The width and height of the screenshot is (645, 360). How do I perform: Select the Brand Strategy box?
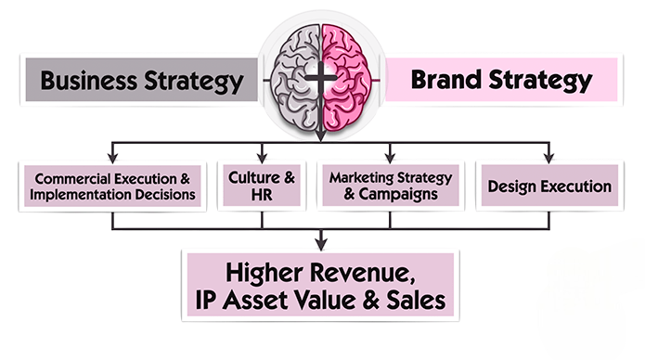[x=501, y=80]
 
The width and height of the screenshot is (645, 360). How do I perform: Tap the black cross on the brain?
[x=319, y=79]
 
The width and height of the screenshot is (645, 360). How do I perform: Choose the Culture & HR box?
[x=262, y=186]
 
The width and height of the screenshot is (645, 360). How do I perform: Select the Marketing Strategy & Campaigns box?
[x=390, y=186]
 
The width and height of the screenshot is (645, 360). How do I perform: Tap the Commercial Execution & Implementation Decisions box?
[x=112, y=186]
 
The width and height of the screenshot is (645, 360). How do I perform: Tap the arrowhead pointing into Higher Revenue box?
[x=319, y=245]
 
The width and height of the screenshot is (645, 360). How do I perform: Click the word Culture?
[x=255, y=176]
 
